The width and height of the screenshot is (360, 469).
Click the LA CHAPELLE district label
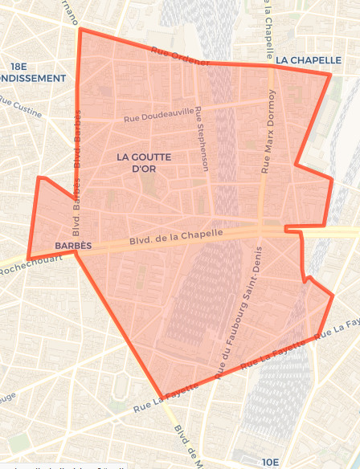[x=303, y=60]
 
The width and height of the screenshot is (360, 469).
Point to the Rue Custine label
[x=21, y=107]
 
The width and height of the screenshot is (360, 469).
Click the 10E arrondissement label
[x=271, y=462]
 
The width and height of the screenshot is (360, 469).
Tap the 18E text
[x=19, y=66]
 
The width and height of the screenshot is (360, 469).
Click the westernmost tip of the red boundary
[x=28, y=259]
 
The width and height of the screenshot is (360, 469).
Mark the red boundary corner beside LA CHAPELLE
[x=330, y=75]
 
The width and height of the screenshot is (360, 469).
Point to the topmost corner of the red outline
[x=79, y=30]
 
